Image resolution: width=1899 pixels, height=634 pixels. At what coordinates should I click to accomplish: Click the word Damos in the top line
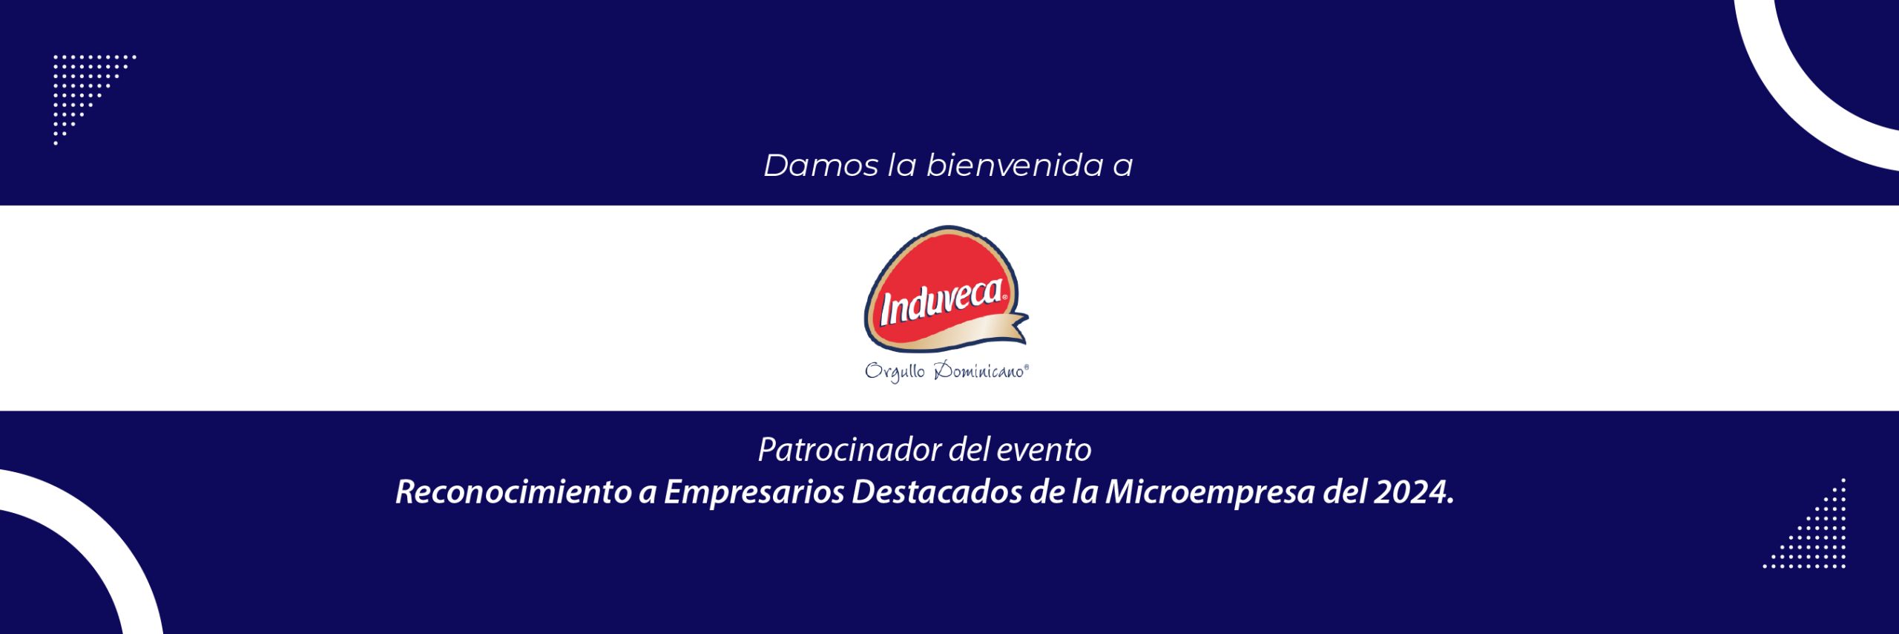[x=821, y=165]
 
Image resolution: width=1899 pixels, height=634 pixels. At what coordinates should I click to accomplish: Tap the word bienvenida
[x=1015, y=165]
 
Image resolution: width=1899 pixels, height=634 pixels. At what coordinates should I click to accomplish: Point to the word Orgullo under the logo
[x=895, y=371]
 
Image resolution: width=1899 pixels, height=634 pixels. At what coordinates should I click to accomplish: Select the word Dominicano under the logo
[x=981, y=370]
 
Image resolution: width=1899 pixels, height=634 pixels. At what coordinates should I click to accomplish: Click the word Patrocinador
[x=850, y=450]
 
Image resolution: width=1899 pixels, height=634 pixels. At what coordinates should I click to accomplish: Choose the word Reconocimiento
[x=513, y=491]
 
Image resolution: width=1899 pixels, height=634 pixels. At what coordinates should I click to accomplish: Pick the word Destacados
[x=937, y=491]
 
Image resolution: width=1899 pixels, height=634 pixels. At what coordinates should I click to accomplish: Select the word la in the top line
[x=903, y=165]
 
